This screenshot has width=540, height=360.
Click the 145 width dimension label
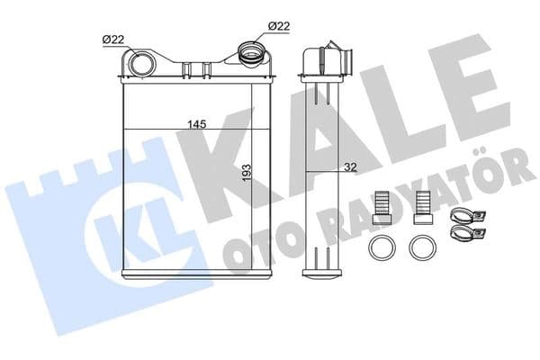[x=197, y=123]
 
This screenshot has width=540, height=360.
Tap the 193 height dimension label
[x=247, y=173]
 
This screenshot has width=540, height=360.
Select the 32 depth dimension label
[x=351, y=167]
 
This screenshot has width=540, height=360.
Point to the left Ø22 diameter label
[x=113, y=40]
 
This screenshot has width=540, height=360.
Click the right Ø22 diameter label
[x=279, y=26]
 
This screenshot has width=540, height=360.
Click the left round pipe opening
[x=141, y=65]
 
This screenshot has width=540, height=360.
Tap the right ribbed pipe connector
[x=253, y=54]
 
